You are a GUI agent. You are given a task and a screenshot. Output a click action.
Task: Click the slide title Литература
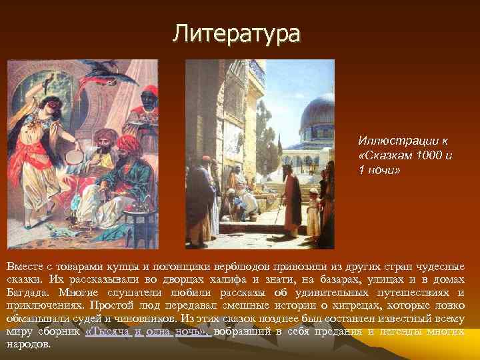[x=236, y=33]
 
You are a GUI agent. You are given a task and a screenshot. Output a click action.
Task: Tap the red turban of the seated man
[x=127, y=144]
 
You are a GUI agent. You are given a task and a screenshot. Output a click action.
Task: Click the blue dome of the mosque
[x=317, y=110]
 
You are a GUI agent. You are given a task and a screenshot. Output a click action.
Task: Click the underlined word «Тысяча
[x=107, y=331]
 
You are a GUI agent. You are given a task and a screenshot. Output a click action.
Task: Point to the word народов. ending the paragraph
[x=28, y=344]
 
